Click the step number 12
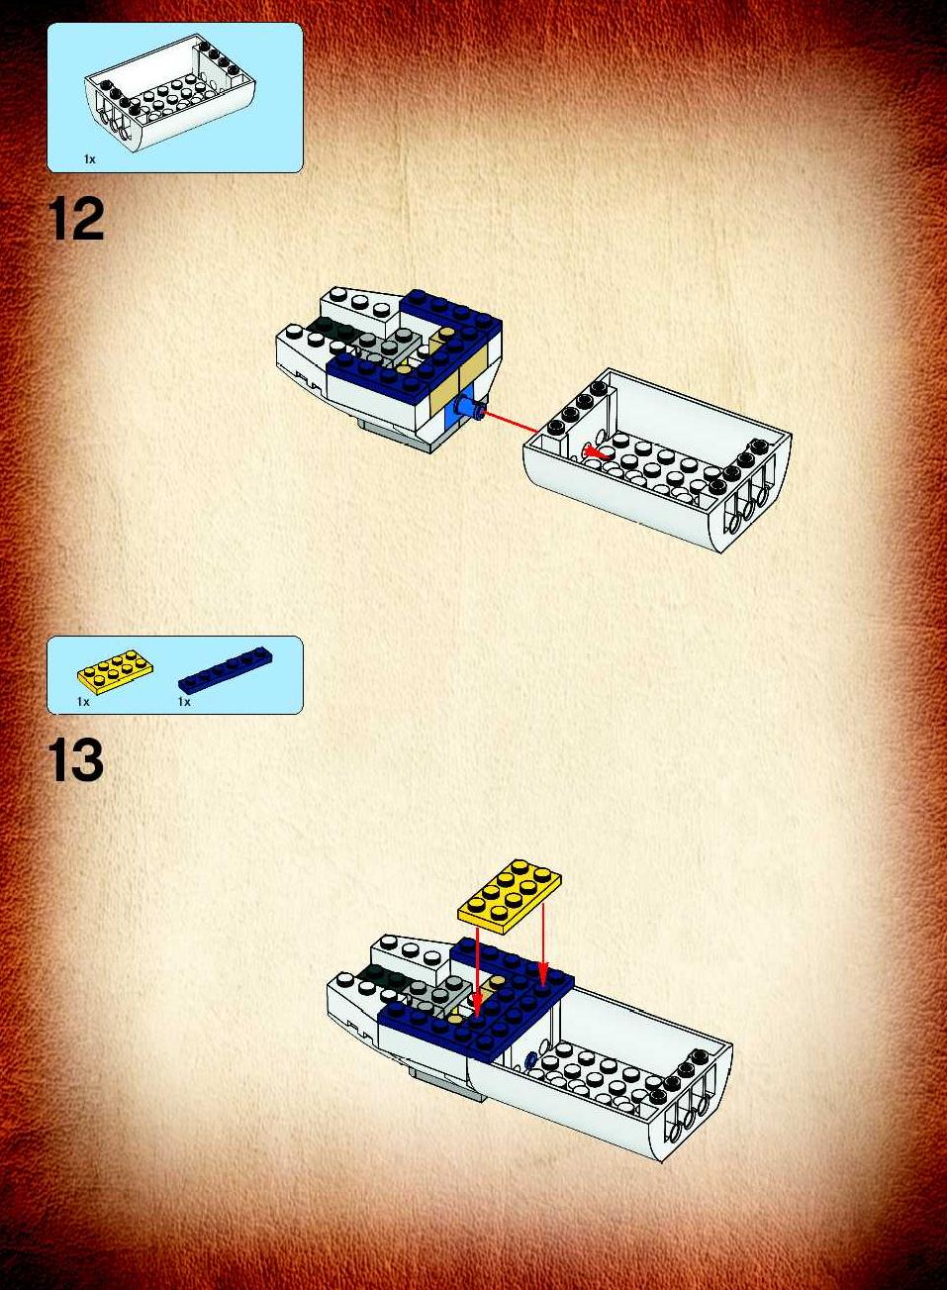tap(76, 219)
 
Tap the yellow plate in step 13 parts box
tap(115, 670)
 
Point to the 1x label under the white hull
tap(89, 159)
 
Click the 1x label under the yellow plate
tap(83, 702)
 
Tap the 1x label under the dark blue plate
tap(184, 702)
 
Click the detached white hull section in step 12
tap(657, 460)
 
